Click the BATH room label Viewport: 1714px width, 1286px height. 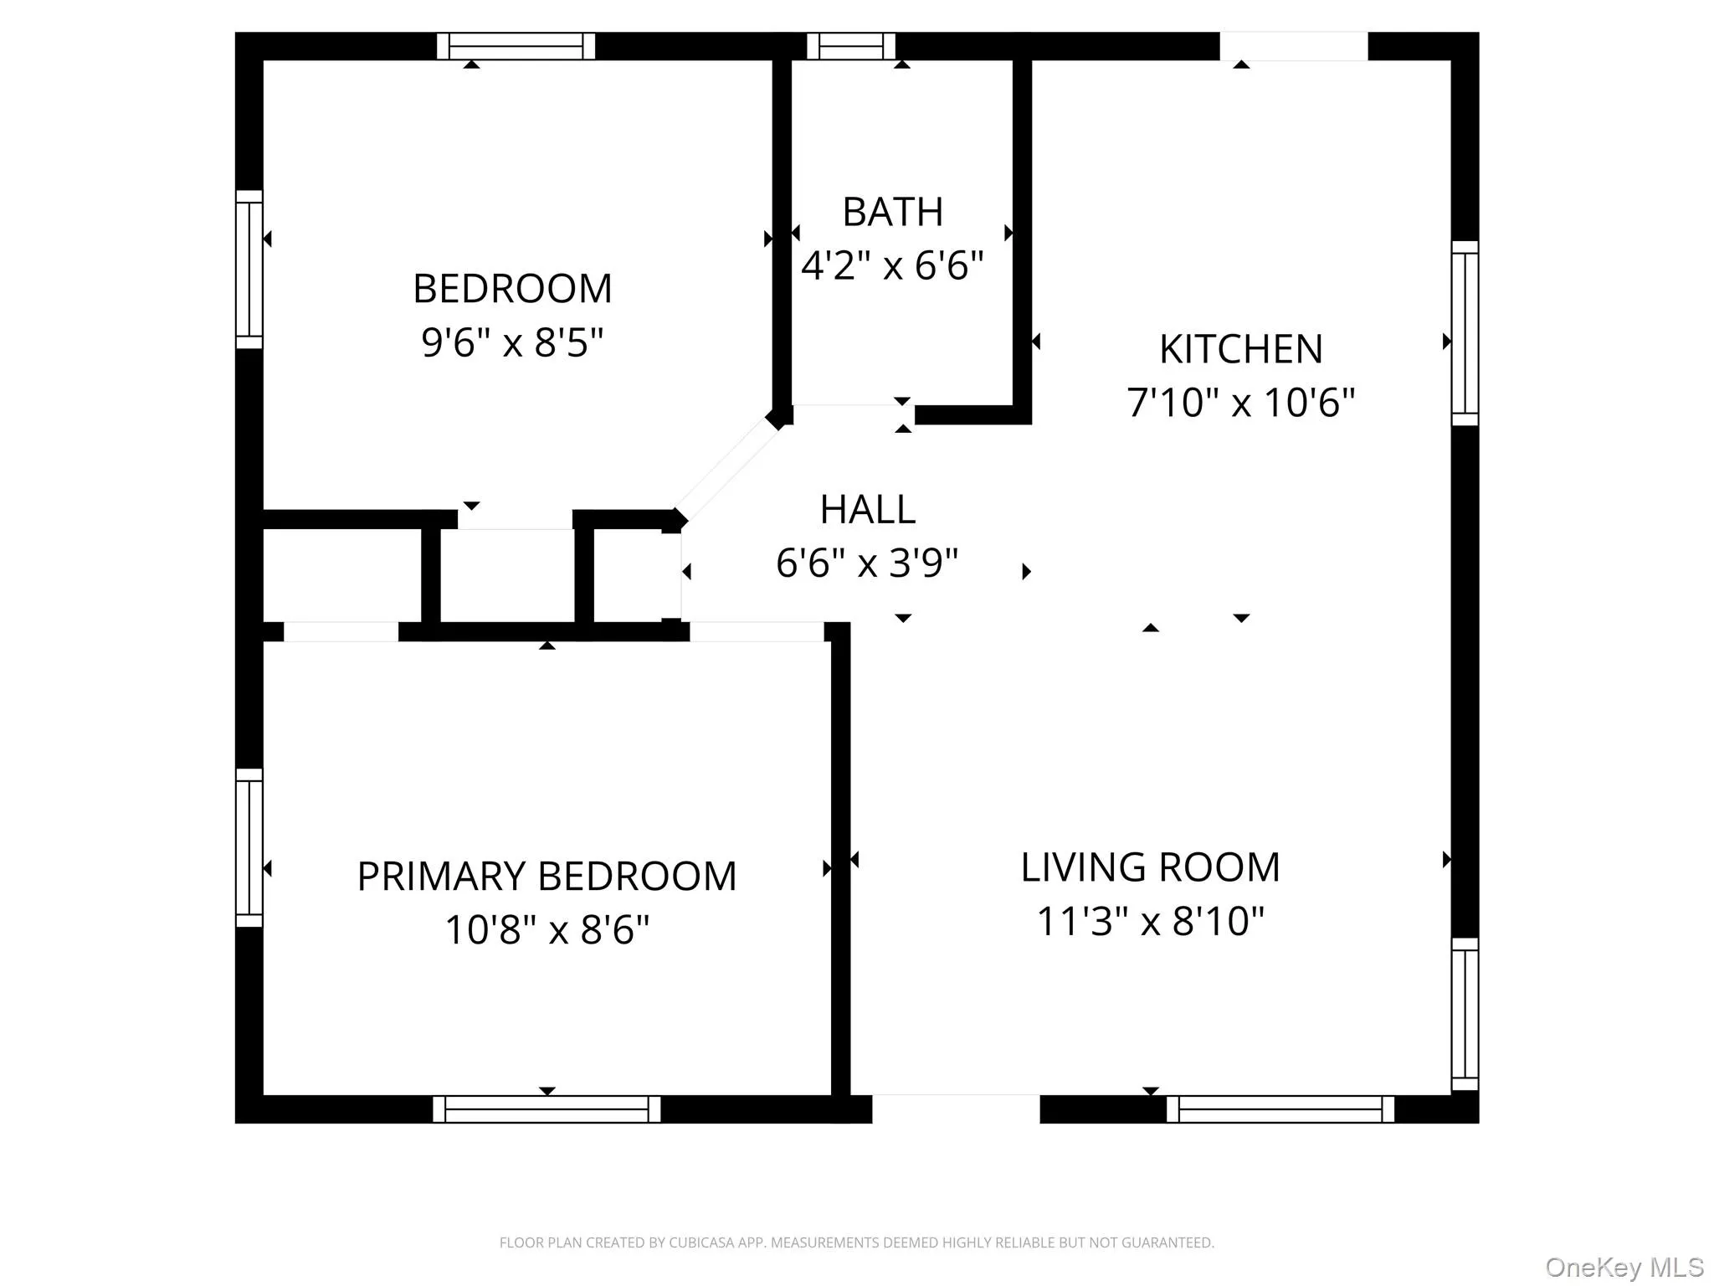(x=892, y=212)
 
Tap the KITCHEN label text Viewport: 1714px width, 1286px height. (x=1240, y=349)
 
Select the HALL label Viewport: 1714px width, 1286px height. (x=867, y=509)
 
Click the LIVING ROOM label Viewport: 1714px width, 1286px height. (x=1150, y=867)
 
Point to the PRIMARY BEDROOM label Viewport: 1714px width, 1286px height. (x=547, y=877)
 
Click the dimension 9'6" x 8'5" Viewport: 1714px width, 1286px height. (x=512, y=342)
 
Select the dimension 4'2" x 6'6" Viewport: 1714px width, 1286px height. (x=892, y=266)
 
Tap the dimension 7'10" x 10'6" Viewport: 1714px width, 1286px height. (x=1240, y=403)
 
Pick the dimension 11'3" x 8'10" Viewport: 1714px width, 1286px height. (x=1150, y=921)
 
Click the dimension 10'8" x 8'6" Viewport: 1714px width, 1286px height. (x=547, y=929)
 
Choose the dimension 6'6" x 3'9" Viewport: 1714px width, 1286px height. (x=867, y=563)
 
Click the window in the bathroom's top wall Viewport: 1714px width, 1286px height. (x=850, y=46)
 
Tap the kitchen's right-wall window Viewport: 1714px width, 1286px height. (x=1465, y=333)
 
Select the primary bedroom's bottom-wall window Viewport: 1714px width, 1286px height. (x=547, y=1109)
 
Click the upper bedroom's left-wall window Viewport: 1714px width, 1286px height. (x=249, y=269)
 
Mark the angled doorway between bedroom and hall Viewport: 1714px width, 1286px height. (x=726, y=471)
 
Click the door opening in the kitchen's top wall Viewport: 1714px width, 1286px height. (x=1293, y=46)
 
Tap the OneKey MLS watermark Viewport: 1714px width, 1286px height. (x=1624, y=1267)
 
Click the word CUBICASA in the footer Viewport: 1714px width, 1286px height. (x=702, y=1242)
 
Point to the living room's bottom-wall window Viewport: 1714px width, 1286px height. (x=1280, y=1109)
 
